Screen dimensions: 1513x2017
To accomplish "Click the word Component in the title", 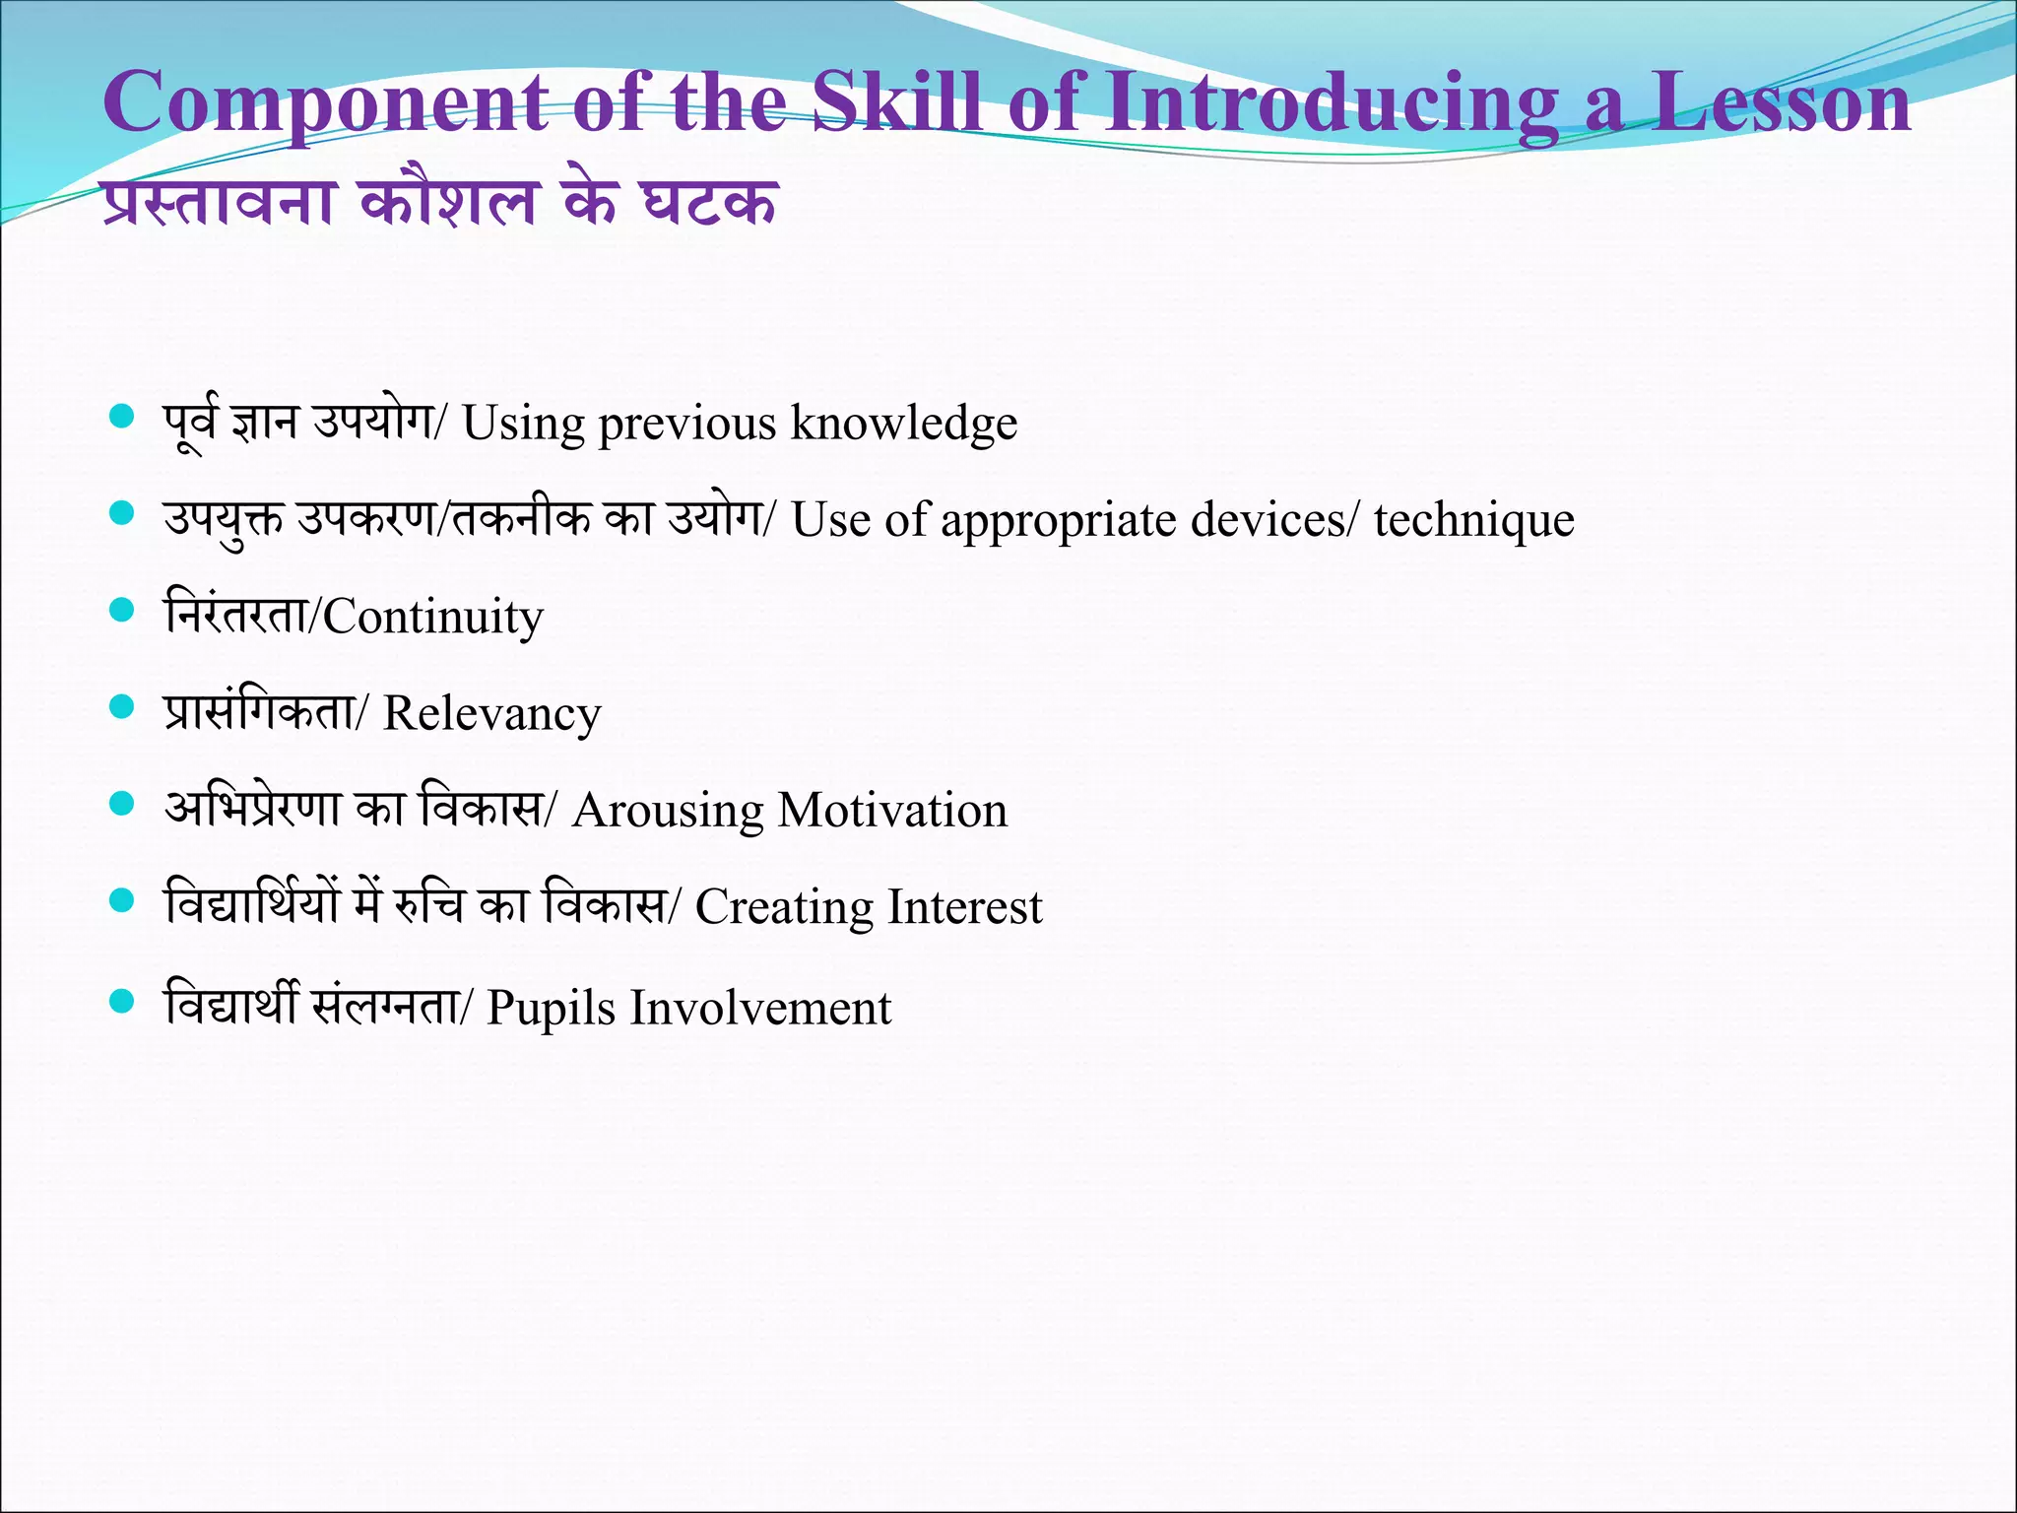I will coord(326,104).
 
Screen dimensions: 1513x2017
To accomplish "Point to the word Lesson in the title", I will coord(1781,102).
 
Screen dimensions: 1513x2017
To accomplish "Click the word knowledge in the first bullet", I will coord(903,424).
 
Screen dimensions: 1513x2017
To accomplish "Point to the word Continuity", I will coord(433,618).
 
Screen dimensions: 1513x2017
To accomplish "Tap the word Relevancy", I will coord(491,714).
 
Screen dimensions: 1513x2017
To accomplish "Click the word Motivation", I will coord(892,810).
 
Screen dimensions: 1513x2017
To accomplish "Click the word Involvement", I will coord(760,1007).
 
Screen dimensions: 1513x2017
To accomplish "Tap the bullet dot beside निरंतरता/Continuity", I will coord(121,611).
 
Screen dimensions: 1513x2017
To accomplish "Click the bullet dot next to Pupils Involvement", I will coord(121,1002).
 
